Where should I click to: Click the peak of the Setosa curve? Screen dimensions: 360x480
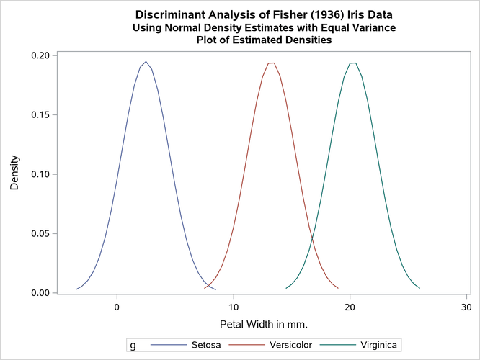tap(146, 62)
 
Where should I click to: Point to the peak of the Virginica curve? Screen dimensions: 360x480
tap(352, 63)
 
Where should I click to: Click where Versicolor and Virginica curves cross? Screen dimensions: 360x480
tap(312, 239)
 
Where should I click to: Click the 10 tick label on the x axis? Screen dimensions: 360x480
tap(234, 306)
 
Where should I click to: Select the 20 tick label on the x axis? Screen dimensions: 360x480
tap(350, 306)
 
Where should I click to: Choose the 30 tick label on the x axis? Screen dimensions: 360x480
tap(466, 306)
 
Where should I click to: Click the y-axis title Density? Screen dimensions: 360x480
tap(14, 174)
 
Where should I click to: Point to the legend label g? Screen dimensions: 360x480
tap(133, 345)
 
